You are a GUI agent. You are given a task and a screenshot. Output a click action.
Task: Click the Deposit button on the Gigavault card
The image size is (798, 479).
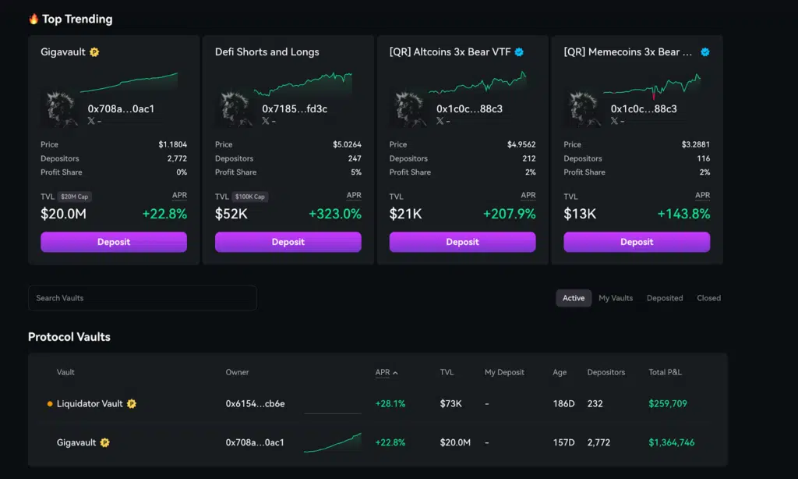[114, 242]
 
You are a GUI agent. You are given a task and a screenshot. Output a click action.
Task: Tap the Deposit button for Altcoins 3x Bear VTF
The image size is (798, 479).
[462, 242]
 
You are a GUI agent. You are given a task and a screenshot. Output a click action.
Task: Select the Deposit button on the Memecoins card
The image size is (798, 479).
[637, 242]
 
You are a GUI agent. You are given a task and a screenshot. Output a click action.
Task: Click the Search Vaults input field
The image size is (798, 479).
[142, 298]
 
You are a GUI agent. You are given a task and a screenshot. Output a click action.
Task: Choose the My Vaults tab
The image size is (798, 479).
[616, 298]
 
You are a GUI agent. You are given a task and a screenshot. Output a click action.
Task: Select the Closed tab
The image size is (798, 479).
[708, 298]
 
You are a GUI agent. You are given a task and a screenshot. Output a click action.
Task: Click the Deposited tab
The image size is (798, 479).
[665, 298]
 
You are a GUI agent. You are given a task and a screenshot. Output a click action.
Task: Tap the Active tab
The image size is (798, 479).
[574, 298]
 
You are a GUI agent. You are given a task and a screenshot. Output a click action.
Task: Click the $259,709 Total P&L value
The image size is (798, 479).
[667, 404]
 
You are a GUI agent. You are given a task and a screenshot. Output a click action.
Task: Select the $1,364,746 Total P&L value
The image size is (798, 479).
[671, 442]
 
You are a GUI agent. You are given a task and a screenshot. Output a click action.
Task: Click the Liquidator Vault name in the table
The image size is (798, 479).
[90, 404]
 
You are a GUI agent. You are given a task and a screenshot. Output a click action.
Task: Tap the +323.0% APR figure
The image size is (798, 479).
[335, 214]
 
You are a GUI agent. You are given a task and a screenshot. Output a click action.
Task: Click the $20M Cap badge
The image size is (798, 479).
[76, 197]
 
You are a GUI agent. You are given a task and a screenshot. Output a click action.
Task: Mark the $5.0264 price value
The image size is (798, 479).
[347, 144]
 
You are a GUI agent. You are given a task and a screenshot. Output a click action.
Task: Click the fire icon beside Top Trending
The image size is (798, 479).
[34, 19]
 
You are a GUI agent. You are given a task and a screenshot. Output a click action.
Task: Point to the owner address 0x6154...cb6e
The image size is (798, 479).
[255, 404]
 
